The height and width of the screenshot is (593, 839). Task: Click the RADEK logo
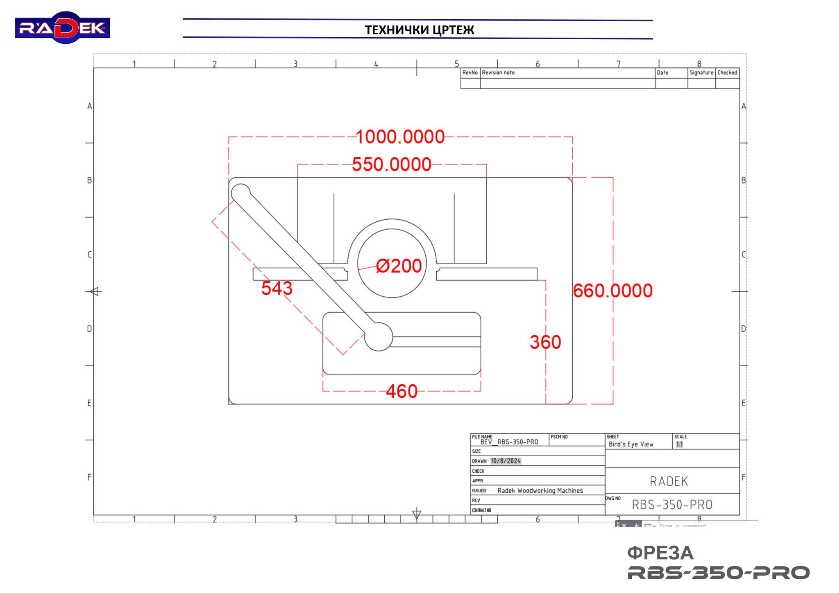pos(62,27)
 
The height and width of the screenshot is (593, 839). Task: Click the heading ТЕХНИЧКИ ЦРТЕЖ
pos(419,30)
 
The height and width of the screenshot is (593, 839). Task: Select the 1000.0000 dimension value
pos(400,137)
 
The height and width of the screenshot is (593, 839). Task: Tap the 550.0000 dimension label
pos(392,165)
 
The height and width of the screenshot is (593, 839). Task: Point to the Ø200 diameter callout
pos(399,266)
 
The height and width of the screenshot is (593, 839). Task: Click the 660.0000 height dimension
pos(612,291)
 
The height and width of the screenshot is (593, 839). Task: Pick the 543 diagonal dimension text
pos(277,288)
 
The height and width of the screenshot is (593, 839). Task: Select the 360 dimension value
pos(545,342)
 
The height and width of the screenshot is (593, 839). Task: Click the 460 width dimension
pos(401,391)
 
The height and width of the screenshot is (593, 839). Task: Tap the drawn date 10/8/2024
pos(506,461)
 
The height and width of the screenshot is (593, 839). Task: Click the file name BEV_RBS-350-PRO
pos(509,442)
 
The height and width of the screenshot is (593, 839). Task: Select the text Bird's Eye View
pos(630,444)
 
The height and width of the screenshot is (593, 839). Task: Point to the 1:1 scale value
pos(679,444)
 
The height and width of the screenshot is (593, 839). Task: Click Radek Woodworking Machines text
pos(540,490)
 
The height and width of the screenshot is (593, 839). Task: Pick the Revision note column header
pos(498,72)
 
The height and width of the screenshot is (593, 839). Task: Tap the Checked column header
pos(727,72)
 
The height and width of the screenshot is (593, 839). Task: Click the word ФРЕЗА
pos(660,553)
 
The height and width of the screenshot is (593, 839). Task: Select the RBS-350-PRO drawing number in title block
pos(672,505)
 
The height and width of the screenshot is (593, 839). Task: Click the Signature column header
pos(701,72)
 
